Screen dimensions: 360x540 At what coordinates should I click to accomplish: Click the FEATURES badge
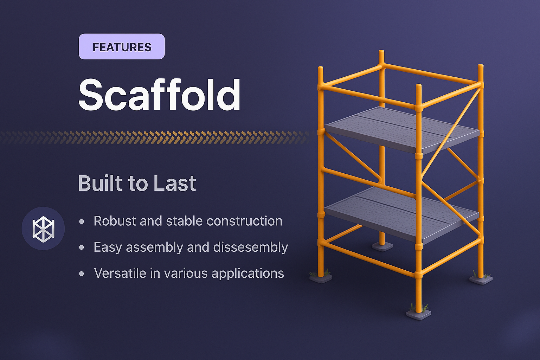(x=122, y=47)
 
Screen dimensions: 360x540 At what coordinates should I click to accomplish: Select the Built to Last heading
(x=137, y=183)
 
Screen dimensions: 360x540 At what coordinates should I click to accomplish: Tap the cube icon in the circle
(x=43, y=229)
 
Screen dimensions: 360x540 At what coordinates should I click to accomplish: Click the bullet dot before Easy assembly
(x=82, y=247)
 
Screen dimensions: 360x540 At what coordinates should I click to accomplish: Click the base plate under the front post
(x=418, y=314)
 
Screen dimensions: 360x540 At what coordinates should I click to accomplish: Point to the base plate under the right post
(x=481, y=279)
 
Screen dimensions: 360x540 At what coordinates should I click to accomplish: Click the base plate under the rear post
(x=382, y=246)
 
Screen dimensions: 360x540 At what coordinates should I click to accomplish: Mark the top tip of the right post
(x=481, y=66)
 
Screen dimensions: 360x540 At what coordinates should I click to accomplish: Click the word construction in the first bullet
(x=244, y=221)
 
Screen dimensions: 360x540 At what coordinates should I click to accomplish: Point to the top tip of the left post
(x=320, y=68)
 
